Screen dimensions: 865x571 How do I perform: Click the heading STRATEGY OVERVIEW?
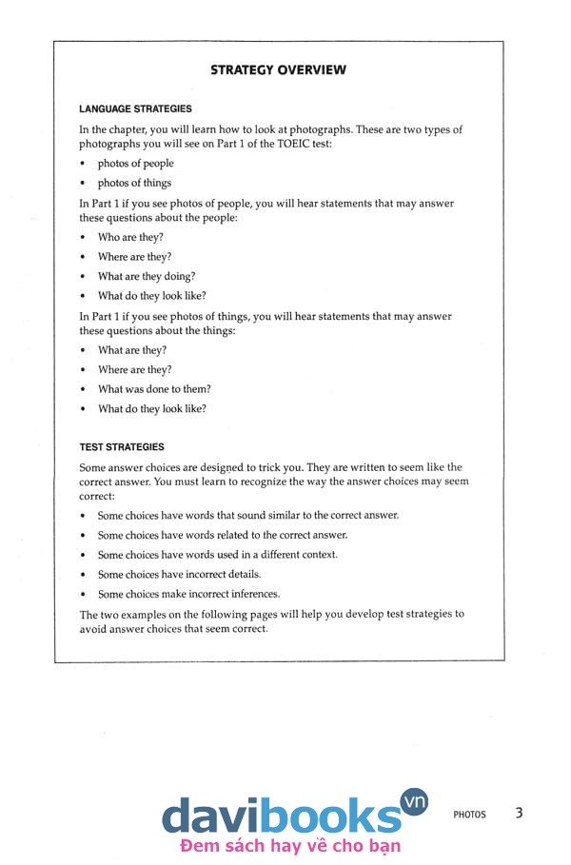pyautogui.click(x=278, y=69)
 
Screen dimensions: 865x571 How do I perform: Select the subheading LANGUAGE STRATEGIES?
pyautogui.click(x=135, y=109)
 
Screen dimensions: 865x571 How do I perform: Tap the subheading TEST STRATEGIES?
pyautogui.click(x=122, y=447)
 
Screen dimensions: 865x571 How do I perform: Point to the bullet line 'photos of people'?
pyautogui.click(x=135, y=164)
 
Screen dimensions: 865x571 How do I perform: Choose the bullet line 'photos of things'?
pyautogui.click(x=134, y=183)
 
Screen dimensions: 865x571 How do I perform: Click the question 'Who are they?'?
pyautogui.click(x=130, y=237)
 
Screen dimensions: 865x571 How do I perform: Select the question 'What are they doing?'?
pyautogui.click(x=147, y=276)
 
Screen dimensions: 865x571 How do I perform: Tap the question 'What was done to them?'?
pyautogui.click(x=154, y=389)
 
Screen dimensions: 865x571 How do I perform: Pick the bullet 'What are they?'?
pyautogui.click(x=132, y=350)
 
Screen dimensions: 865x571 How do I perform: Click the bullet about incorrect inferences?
pyautogui.click(x=188, y=594)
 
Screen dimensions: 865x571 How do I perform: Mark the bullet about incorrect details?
pyautogui.click(x=179, y=574)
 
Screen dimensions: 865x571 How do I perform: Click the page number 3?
pyautogui.click(x=519, y=813)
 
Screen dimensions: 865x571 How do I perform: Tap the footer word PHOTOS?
pyautogui.click(x=469, y=815)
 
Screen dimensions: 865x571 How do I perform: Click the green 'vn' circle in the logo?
pyautogui.click(x=415, y=801)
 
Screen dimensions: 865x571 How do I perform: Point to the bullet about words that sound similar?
pyautogui.click(x=247, y=515)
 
